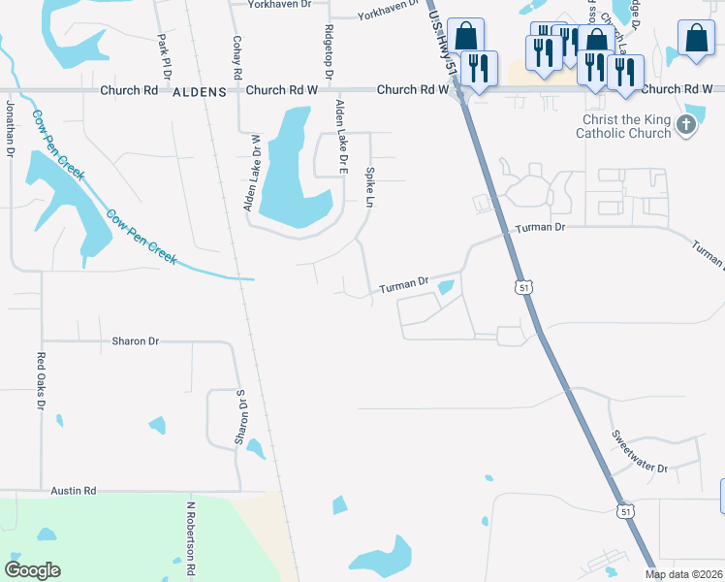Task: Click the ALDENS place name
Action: pos(199,90)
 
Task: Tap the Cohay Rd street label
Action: pos(236,58)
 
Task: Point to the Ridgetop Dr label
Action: pos(330,53)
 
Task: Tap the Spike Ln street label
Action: pos(369,186)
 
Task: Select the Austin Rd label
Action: pos(75,491)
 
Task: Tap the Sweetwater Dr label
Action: pos(640,453)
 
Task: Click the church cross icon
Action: pos(686,124)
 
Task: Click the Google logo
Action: pos(33,570)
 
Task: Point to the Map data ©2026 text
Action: pos(684,574)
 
